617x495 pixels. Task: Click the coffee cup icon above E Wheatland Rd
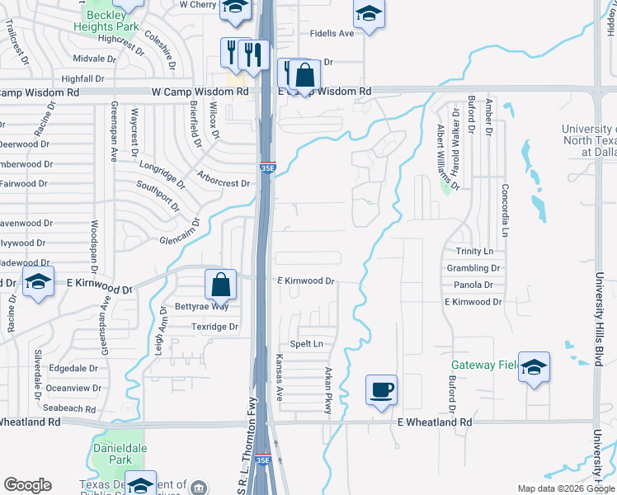pyautogui.click(x=381, y=389)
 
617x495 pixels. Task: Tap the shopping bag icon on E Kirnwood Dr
pyautogui.click(x=222, y=285)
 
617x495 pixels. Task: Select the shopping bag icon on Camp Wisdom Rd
pyautogui.click(x=304, y=75)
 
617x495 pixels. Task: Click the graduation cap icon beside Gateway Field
pyautogui.click(x=534, y=367)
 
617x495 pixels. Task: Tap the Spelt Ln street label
pyautogui.click(x=306, y=343)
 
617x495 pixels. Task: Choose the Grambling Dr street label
pyautogui.click(x=473, y=268)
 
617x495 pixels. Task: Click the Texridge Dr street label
pyautogui.click(x=214, y=327)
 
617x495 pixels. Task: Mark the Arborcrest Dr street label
pyautogui.click(x=224, y=179)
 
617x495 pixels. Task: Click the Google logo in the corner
pyautogui.click(x=27, y=485)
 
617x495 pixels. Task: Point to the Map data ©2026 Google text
pyautogui.click(x=565, y=488)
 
